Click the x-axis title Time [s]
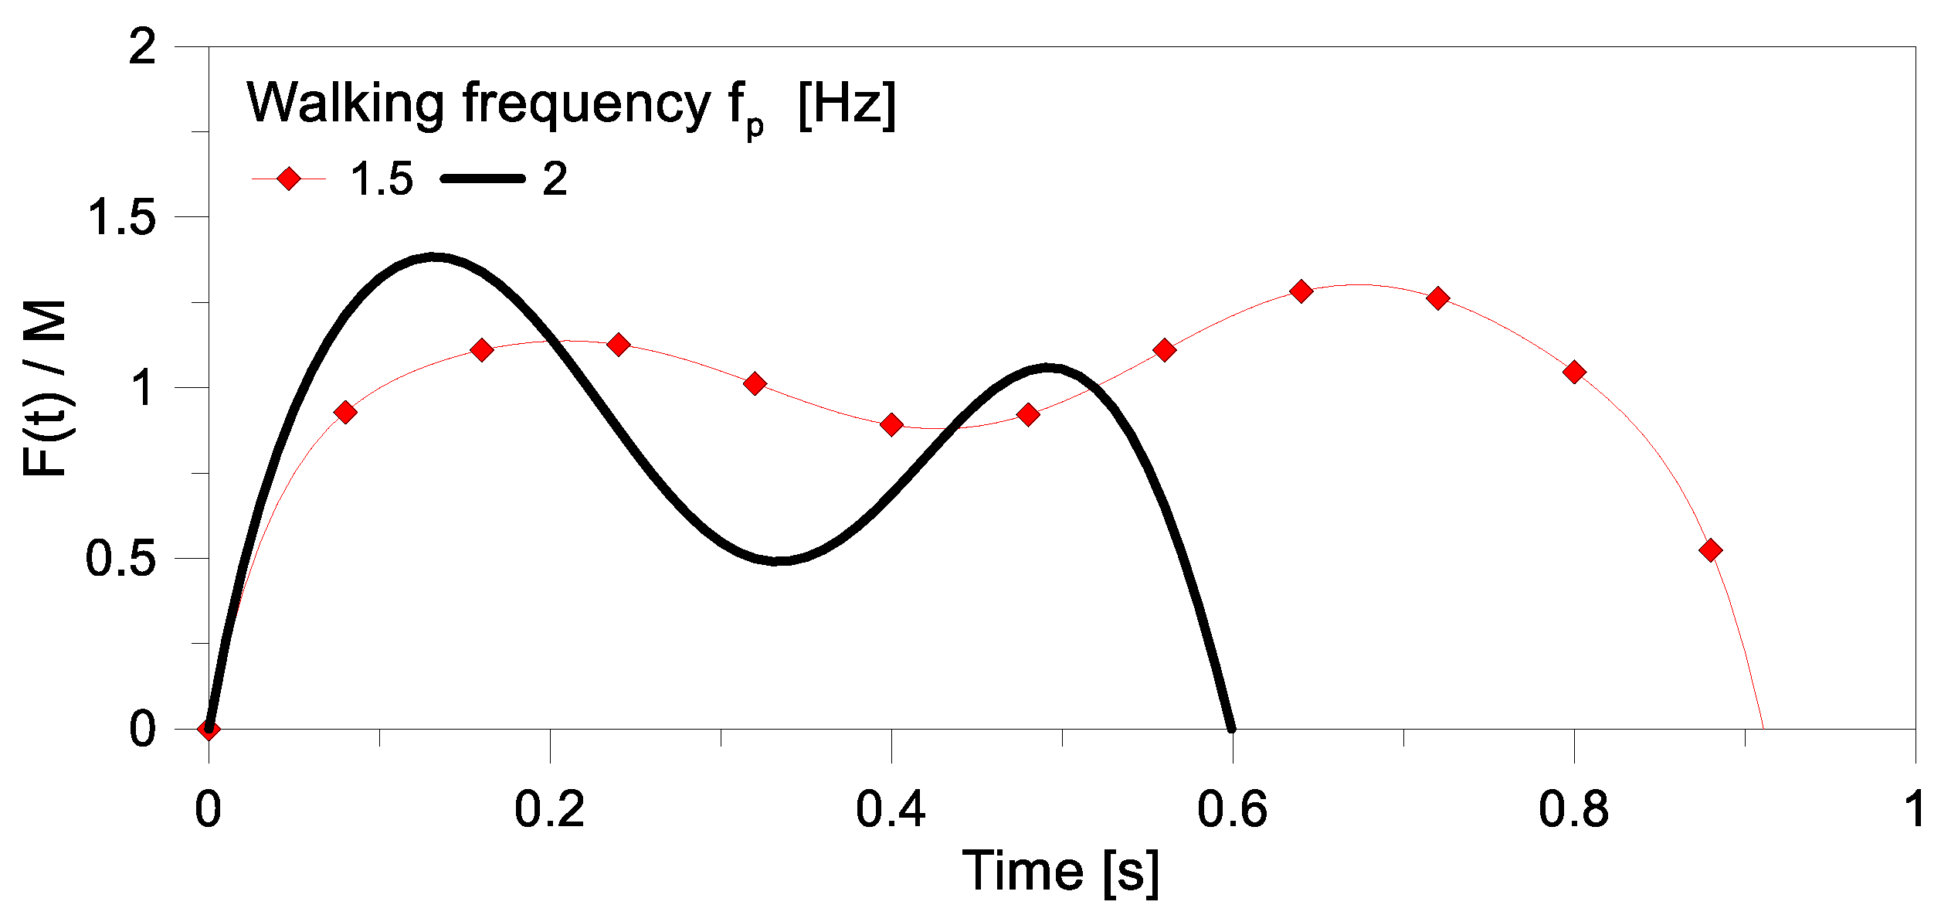pyautogui.click(x=1060, y=872)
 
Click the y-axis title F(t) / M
pyautogui.click(x=44, y=388)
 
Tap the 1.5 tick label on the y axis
pyautogui.click(x=122, y=217)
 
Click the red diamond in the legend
pyautogui.click(x=288, y=179)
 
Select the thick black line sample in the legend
pyautogui.click(x=483, y=179)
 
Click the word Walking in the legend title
pyautogui.click(x=345, y=103)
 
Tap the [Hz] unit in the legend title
pyautogui.click(x=847, y=103)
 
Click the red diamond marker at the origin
pyautogui.click(x=209, y=729)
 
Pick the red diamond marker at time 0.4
pyautogui.click(x=891, y=424)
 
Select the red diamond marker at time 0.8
pyautogui.click(x=1574, y=373)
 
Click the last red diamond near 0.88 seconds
pyautogui.click(x=1711, y=551)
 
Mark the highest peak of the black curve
pyautogui.click(x=434, y=257)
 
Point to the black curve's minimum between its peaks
pyautogui.click(x=779, y=560)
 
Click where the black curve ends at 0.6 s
pyautogui.click(x=1232, y=727)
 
